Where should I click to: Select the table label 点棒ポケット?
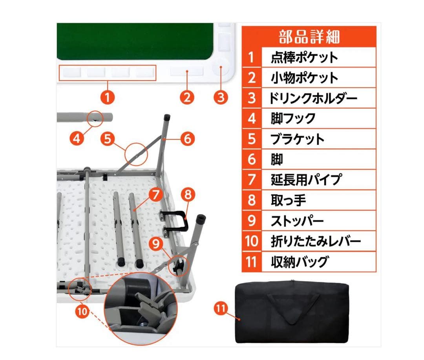[304, 58]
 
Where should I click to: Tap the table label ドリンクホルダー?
[313, 98]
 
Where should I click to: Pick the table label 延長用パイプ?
[306, 180]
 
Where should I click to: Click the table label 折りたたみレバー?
[315, 241]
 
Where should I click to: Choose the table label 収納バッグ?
[299, 261]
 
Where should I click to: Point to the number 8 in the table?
[252, 200]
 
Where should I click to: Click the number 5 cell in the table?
[252, 139]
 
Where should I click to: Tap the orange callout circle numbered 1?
[108, 96]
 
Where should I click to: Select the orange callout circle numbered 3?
[221, 96]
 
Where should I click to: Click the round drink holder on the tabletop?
[220, 67]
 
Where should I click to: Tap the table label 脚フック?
[293, 118]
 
